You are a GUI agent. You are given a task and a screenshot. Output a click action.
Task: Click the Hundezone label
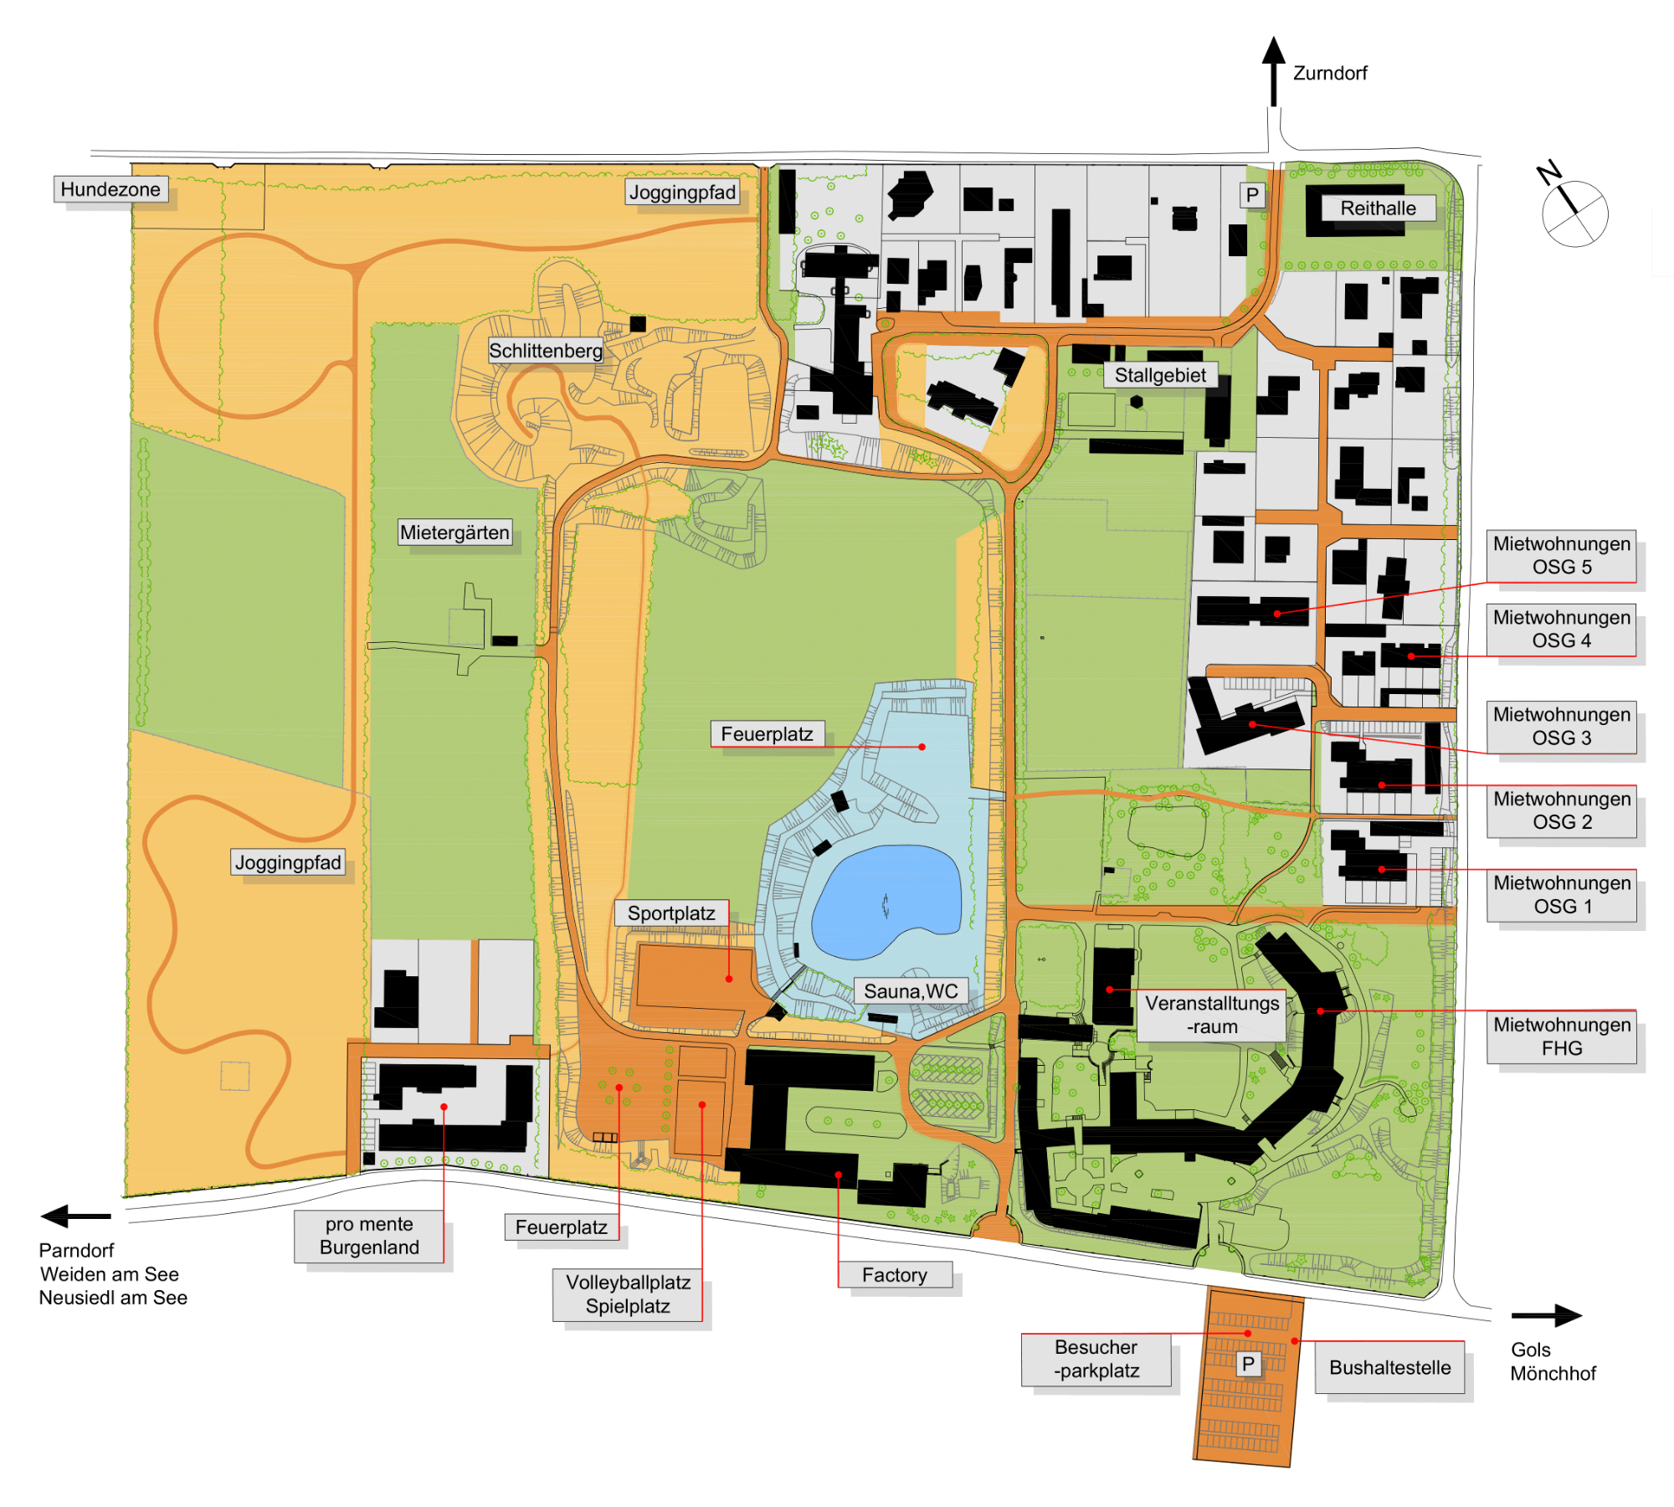[110, 189]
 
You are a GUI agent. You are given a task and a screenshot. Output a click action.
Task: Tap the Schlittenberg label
[546, 351]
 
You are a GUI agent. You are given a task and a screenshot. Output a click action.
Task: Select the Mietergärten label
[454, 532]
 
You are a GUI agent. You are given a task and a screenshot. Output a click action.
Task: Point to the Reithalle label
[1378, 208]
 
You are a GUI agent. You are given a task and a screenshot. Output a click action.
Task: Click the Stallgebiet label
[1160, 375]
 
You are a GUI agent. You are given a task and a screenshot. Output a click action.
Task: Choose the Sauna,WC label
[911, 991]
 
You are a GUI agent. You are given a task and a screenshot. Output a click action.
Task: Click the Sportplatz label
[671, 913]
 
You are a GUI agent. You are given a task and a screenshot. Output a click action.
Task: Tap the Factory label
[895, 1275]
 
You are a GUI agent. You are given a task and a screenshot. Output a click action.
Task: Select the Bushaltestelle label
[1389, 1367]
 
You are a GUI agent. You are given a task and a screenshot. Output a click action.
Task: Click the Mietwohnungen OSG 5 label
[1562, 555]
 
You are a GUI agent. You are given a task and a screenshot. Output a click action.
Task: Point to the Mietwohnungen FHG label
[1562, 1036]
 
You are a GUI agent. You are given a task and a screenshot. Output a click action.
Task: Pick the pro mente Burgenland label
[369, 1236]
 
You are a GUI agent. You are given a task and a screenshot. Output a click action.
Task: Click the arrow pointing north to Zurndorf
[1274, 71]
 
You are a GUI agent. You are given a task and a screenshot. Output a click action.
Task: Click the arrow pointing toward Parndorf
[75, 1216]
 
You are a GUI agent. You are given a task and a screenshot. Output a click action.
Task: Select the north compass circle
[1574, 213]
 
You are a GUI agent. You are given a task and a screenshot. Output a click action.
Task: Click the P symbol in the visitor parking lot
[1248, 1364]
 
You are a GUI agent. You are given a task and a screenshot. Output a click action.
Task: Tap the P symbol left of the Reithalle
[1252, 195]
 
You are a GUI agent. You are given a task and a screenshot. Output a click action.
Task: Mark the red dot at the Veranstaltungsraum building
[1110, 990]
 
